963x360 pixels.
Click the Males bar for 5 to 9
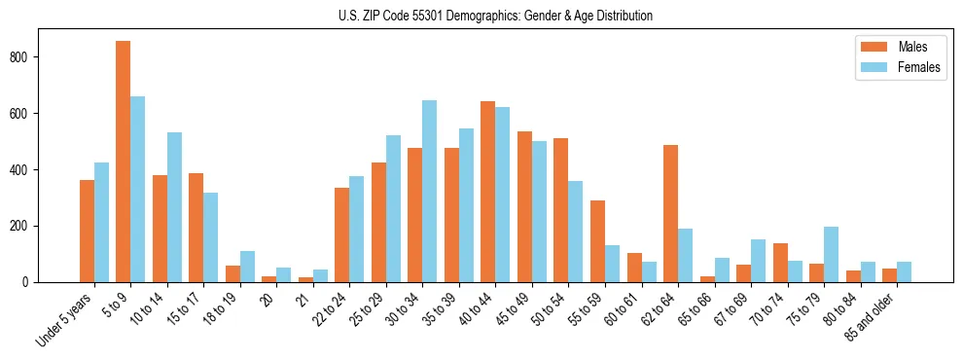pos(124,162)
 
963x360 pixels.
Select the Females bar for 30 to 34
pos(430,191)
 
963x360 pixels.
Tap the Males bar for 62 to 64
pos(671,213)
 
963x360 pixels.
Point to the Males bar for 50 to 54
pos(561,210)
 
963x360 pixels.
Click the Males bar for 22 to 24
pos(342,234)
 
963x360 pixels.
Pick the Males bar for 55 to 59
pos(598,241)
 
